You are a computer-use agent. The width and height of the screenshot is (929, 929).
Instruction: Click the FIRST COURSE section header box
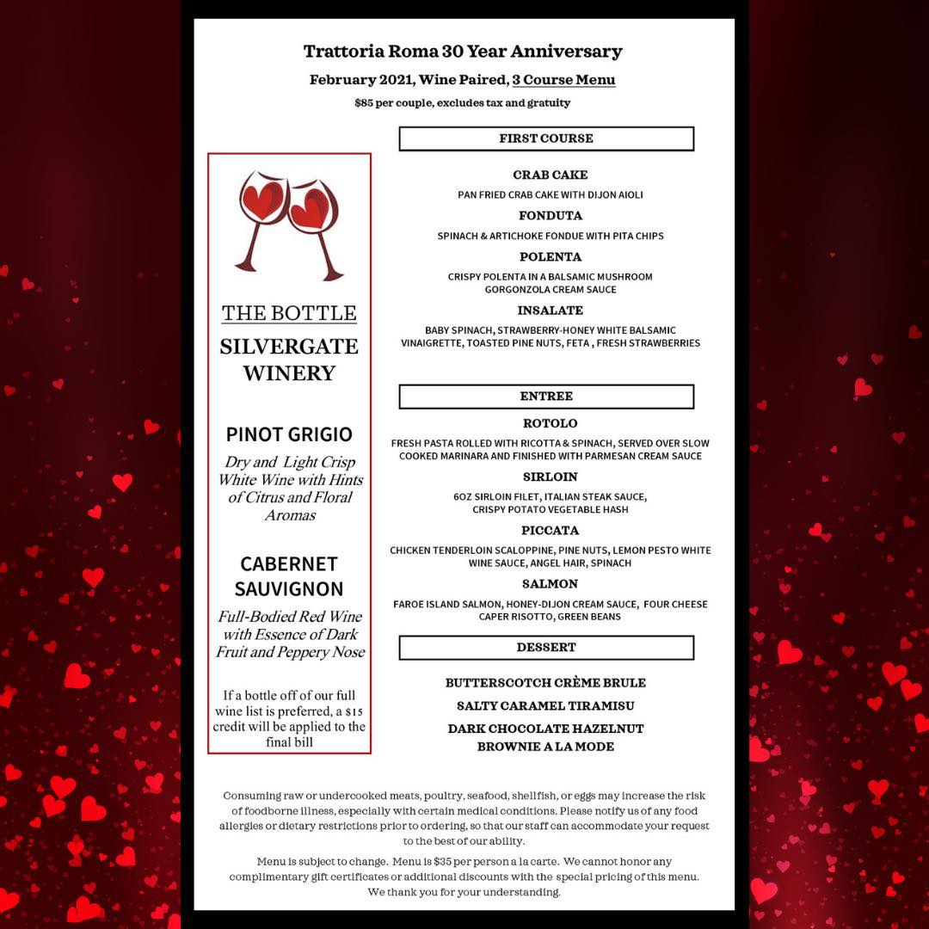[x=546, y=138]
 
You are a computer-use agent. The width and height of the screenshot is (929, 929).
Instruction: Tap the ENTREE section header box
[x=546, y=397]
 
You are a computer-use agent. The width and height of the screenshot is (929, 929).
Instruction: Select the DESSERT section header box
[x=546, y=647]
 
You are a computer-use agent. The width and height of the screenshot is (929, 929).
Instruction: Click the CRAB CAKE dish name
[x=551, y=175]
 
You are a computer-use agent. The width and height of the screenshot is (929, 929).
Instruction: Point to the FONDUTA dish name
[x=551, y=216]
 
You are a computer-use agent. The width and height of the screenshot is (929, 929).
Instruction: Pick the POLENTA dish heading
[x=551, y=257]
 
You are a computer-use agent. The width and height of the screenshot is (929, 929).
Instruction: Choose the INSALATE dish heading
[x=551, y=311]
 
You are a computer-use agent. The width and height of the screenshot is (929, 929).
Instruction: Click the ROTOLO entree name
[x=551, y=424]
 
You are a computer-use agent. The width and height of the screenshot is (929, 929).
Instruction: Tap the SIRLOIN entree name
[x=551, y=477]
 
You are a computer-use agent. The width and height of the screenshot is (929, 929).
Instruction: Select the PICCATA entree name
[x=551, y=531]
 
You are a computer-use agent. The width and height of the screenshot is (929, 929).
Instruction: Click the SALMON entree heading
[x=551, y=584]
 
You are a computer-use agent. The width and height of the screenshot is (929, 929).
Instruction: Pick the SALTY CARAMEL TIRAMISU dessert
[x=545, y=706]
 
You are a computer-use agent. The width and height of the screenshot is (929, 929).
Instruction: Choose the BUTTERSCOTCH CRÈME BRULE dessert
[x=545, y=683]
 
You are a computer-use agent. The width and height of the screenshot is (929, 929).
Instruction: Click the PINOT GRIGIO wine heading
[x=289, y=434]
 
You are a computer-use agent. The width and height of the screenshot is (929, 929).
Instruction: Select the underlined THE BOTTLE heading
[x=289, y=313]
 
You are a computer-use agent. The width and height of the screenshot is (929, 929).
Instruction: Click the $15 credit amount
[x=354, y=711]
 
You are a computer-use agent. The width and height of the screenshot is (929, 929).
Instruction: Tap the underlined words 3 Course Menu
[x=563, y=80]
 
